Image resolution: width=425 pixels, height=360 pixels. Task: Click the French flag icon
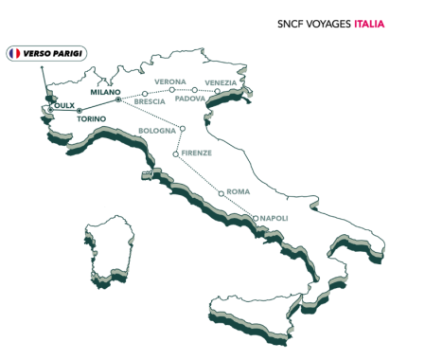click(x=14, y=54)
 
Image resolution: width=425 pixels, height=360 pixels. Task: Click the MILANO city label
click(x=105, y=92)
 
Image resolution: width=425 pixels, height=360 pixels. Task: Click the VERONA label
click(x=170, y=81)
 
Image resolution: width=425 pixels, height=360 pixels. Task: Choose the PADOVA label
click(x=189, y=99)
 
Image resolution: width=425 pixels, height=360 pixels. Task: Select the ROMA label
click(x=238, y=191)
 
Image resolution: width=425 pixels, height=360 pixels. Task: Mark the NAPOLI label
click(x=273, y=218)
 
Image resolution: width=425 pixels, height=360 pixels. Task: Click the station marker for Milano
click(x=117, y=99)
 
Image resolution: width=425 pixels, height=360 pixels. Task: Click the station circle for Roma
click(x=221, y=194)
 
